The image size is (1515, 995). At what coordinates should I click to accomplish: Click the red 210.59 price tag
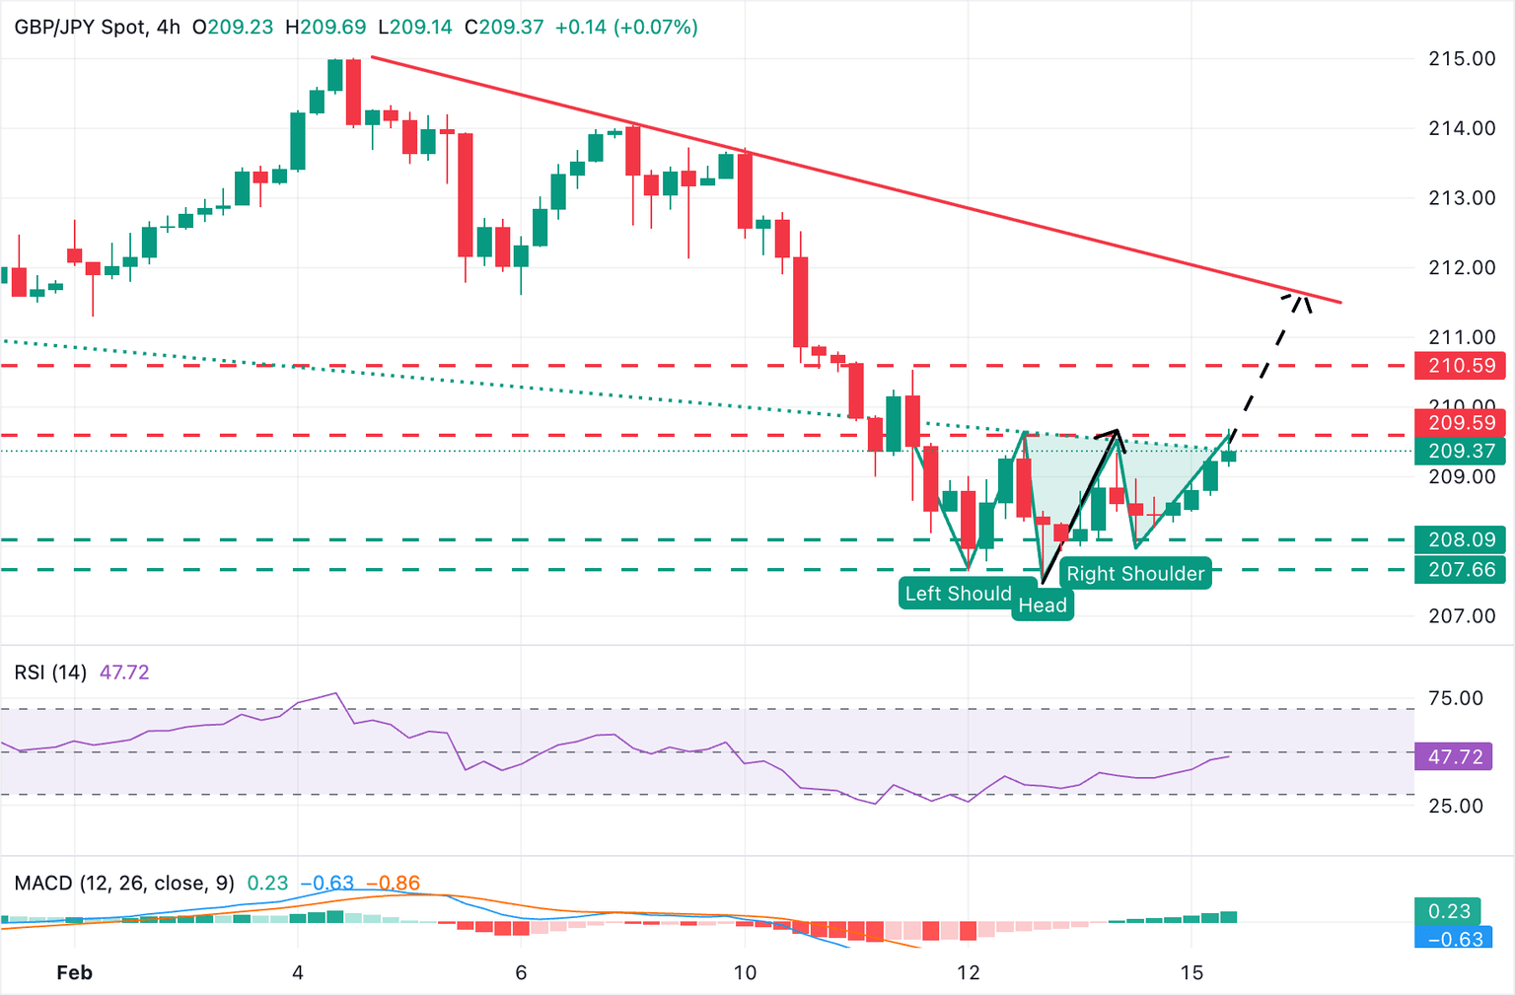1463,366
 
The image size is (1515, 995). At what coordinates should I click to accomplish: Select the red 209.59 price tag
1463,423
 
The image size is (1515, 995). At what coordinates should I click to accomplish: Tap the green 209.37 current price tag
1463,451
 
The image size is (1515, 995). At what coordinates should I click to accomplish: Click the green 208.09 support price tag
1463,539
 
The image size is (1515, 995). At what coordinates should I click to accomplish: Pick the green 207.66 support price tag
1463,569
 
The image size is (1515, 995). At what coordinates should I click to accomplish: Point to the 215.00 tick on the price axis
1462,58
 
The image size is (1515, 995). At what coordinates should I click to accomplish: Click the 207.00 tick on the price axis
1462,616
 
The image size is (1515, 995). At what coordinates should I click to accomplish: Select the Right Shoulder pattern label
1135,574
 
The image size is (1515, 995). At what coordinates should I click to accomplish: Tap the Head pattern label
1043,604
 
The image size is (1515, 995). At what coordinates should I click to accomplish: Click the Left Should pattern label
959,593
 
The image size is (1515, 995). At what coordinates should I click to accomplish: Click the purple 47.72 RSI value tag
1455,756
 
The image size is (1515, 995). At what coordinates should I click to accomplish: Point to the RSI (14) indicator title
50,673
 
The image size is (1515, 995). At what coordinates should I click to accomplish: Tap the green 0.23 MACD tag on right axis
1449,911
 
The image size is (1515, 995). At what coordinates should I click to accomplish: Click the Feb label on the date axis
74,972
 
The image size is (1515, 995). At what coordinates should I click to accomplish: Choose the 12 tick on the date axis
969,972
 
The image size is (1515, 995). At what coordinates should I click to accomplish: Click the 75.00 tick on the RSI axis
1455,698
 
